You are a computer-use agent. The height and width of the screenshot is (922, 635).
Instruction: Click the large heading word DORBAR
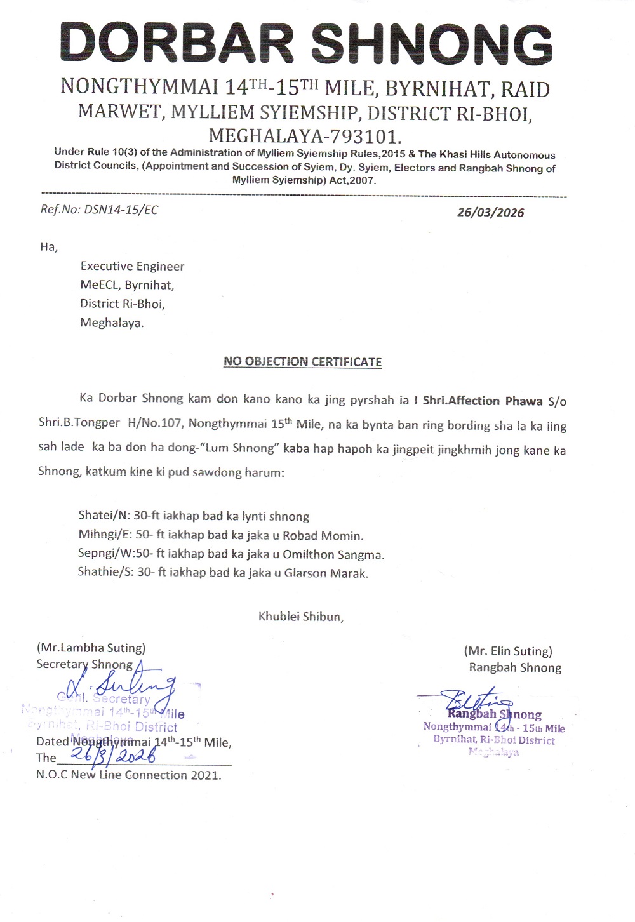tap(177, 43)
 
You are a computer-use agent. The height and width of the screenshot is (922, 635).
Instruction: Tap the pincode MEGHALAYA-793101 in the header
tap(305, 135)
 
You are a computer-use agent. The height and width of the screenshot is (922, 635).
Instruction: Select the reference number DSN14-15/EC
tap(121, 210)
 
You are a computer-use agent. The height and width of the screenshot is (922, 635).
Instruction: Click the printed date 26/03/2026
tap(490, 212)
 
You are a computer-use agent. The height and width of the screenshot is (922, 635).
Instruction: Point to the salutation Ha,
tap(49, 246)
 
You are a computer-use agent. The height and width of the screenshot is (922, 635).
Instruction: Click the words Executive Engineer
tap(132, 266)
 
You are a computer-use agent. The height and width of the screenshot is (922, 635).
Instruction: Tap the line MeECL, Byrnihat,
tap(127, 285)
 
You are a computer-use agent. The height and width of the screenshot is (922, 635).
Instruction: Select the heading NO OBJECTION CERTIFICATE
tap(302, 361)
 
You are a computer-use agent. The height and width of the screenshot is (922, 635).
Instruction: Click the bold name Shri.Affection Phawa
tap(482, 401)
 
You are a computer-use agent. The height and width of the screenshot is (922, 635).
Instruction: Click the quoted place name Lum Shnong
tap(242, 448)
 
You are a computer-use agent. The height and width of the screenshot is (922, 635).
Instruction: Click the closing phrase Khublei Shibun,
tap(301, 617)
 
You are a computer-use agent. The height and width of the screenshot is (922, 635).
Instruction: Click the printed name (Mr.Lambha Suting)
tap(91, 648)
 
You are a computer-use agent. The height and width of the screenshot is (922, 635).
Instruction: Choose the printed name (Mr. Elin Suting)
tap(508, 651)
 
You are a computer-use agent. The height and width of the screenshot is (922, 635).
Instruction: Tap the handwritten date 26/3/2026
tap(114, 756)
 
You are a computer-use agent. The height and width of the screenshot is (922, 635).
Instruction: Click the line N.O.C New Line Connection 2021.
tap(129, 775)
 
